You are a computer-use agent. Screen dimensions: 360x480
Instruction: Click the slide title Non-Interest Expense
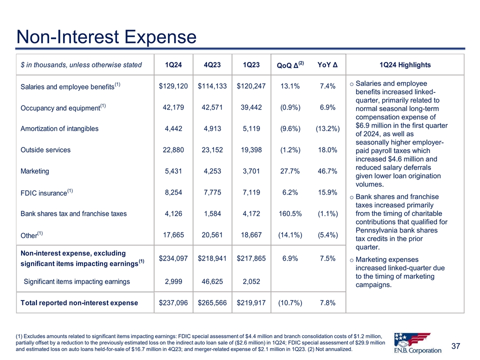coord(106,36)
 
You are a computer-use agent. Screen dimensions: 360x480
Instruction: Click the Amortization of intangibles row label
coord(59,128)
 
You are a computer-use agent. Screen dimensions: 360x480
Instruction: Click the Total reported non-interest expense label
coord(79,302)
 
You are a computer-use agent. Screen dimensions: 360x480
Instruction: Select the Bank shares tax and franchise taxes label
coord(73,213)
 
